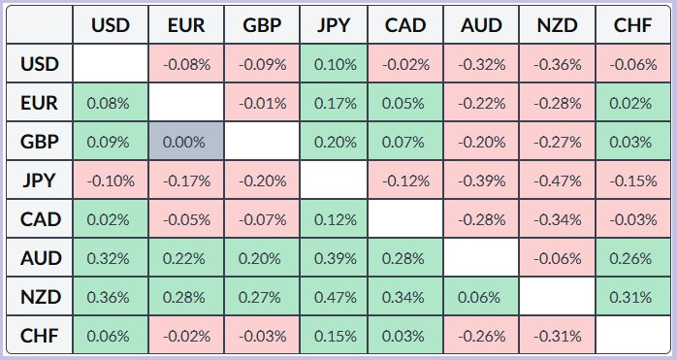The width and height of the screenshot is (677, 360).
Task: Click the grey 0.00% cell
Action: click(x=186, y=141)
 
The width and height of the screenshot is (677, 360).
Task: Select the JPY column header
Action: click(x=334, y=24)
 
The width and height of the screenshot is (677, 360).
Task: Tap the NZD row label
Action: click(x=40, y=297)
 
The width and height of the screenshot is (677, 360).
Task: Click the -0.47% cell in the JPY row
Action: click(x=558, y=180)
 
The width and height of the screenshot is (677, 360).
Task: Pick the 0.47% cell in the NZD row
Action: click(x=334, y=297)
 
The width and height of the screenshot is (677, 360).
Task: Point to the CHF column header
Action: click(x=633, y=24)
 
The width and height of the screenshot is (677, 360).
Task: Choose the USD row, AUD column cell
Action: click(x=481, y=63)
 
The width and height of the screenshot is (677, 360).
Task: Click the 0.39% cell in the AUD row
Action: click(x=334, y=257)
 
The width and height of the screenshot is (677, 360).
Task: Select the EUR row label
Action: click(x=40, y=103)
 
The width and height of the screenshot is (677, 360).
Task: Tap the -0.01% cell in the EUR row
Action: click(x=262, y=103)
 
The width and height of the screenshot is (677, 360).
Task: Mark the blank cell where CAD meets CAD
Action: click(x=405, y=218)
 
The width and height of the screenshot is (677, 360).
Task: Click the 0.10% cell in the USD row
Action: click(x=334, y=63)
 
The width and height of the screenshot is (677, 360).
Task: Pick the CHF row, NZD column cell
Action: click(x=558, y=335)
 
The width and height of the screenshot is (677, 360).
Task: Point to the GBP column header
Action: click(x=262, y=24)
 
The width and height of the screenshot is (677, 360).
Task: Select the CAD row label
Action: click(x=40, y=218)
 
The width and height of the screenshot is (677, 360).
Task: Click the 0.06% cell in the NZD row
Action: click(x=481, y=297)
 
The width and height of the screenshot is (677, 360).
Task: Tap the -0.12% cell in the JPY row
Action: click(x=405, y=180)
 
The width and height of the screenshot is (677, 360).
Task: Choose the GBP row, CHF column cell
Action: click(x=633, y=141)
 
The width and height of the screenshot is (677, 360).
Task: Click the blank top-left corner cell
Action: click(x=40, y=24)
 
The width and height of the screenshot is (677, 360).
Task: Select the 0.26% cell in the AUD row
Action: click(x=633, y=257)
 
